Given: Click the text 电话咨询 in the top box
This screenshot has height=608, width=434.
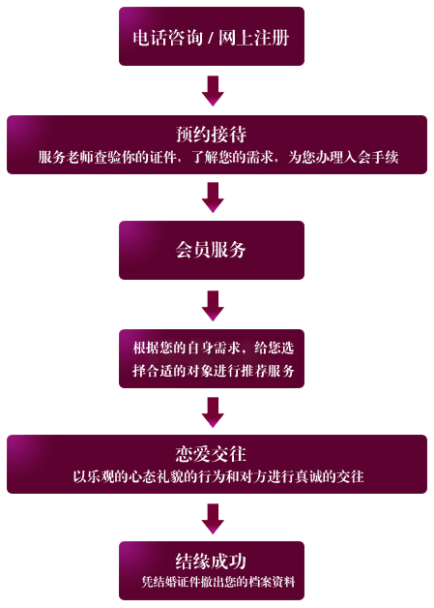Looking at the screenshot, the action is [x=167, y=38].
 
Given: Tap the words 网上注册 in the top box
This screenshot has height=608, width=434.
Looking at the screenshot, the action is [x=254, y=38].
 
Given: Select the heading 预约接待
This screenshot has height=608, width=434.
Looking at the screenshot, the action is [x=212, y=135].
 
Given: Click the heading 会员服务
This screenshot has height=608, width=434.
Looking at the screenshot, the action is [x=211, y=250].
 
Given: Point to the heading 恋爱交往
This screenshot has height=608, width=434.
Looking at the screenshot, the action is [x=211, y=454].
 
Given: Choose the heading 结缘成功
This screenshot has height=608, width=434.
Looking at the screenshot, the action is [x=211, y=561].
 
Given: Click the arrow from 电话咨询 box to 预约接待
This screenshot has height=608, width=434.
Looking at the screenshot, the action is [x=213, y=91].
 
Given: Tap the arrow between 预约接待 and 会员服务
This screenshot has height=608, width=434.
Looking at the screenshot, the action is [x=213, y=198].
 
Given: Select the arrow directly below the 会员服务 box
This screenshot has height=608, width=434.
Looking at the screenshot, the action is [x=213, y=306].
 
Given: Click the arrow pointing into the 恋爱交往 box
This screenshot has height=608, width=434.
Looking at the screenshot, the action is [x=213, y=412].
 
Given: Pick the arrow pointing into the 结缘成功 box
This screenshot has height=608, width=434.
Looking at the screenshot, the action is [x=213, y=519].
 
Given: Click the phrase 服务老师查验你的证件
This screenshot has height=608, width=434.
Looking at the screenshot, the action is [x=107, y=158].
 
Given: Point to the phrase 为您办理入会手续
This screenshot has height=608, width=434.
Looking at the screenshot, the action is [x=343, y=158].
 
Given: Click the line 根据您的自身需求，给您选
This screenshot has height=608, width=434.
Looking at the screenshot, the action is [x=214, y=348].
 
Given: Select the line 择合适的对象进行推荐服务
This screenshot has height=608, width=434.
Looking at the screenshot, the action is [x=214, y=371].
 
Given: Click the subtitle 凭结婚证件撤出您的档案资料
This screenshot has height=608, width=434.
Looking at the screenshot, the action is [x=218, y=582].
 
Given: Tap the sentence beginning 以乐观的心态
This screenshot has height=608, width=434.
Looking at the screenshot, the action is [x=218, y=476].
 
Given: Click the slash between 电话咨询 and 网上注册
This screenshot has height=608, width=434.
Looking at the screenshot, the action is [x=211, y=39].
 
